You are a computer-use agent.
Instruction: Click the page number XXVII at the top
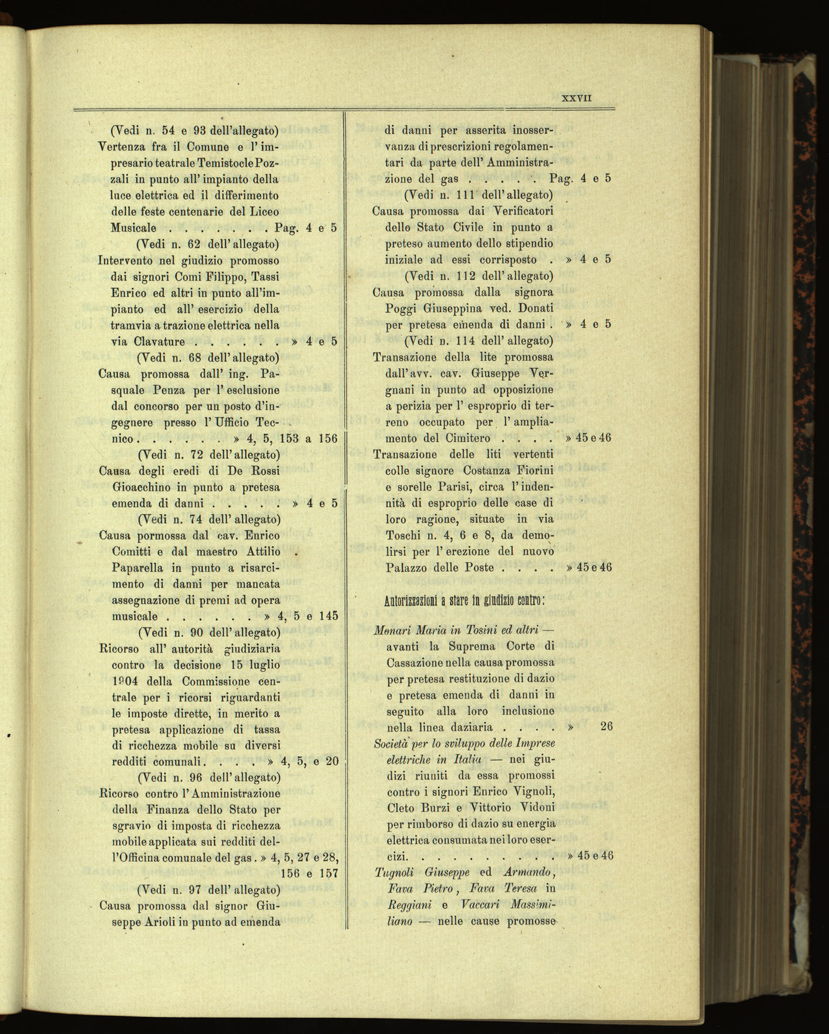[x=577, y=98]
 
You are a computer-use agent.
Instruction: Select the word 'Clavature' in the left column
[x=159, y=341]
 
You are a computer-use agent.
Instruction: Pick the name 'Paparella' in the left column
[x=139, y=568]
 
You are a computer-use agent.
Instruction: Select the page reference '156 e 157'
[x=309, y=873]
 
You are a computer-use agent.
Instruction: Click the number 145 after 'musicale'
[x=329, y=616]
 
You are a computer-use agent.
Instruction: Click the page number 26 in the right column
[x=606, y=727]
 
